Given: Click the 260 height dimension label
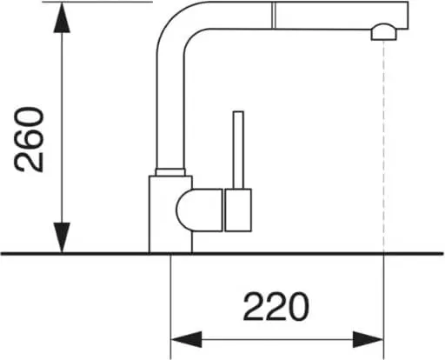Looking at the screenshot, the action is click(30, 140).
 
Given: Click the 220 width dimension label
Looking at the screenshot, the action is click(276, 307).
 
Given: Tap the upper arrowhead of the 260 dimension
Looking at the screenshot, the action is click(62, 18).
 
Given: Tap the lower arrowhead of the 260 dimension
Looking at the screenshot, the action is click(62, 237).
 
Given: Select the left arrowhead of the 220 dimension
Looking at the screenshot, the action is click(187, 339).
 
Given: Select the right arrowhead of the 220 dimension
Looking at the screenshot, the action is click(369, 339).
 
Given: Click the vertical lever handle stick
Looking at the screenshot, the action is click(238, 150).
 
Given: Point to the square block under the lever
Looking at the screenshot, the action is click(238, 210).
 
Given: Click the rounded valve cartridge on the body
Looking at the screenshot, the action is click(199, 210).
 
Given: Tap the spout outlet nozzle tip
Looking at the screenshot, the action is click(384, 32).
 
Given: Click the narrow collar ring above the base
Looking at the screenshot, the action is click(170, 172).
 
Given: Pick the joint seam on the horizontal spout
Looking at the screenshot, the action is click(273, 15).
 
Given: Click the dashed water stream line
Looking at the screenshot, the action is click(384, 146).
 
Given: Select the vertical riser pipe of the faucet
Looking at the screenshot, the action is click(170, 111).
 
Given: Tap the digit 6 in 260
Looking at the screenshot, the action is click(30, 140).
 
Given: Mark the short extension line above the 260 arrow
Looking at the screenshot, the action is click(97, 2).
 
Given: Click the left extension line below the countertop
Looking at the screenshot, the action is click(170, 307).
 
